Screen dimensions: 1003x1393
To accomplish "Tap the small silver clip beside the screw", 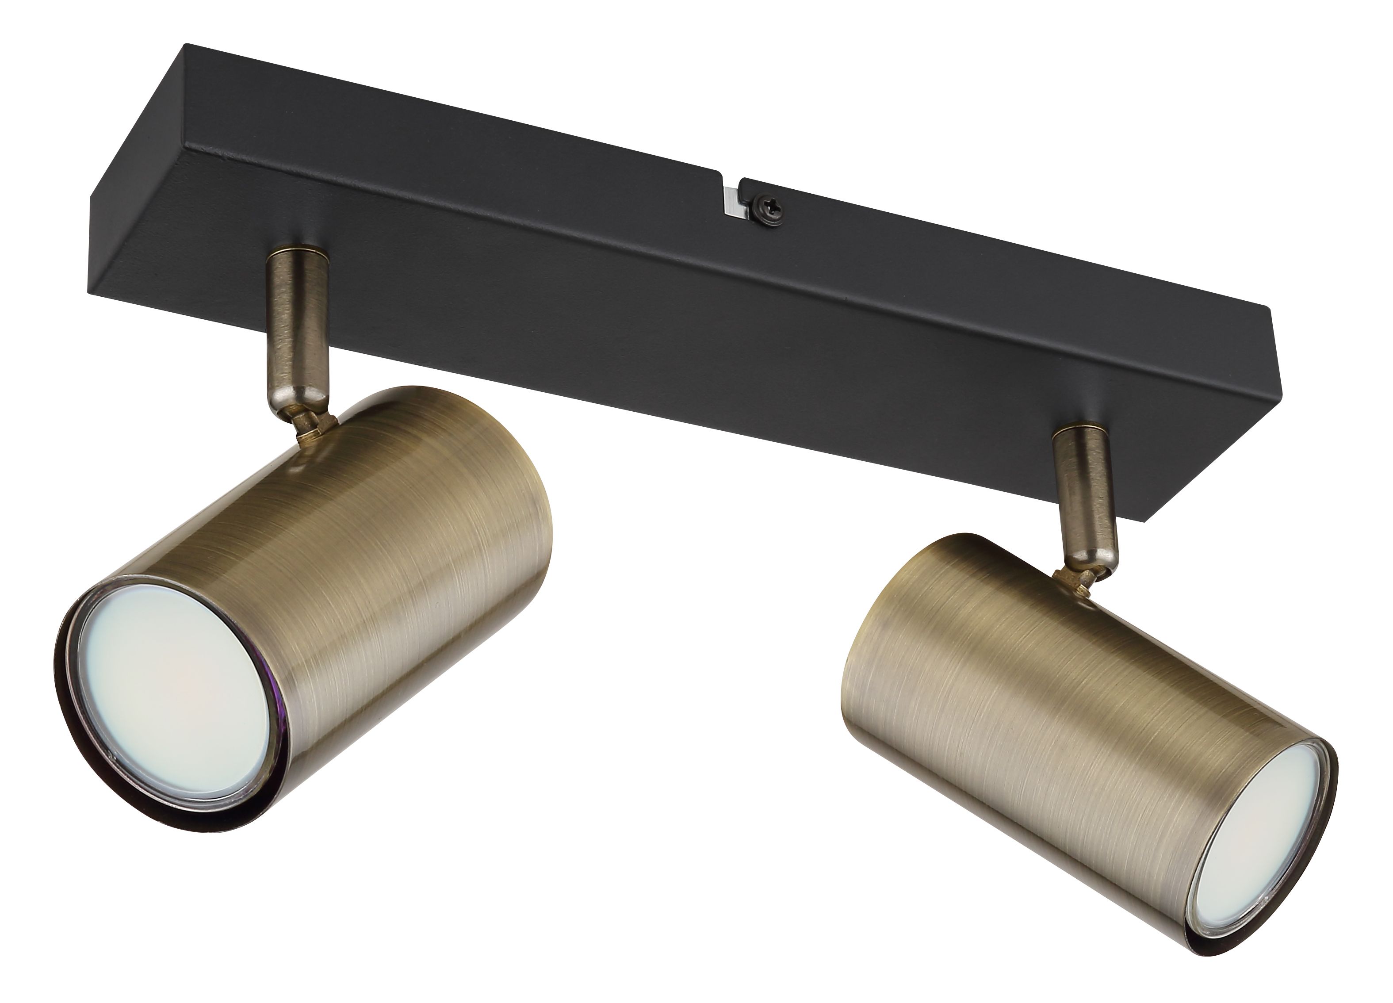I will (x=731, y=202).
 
